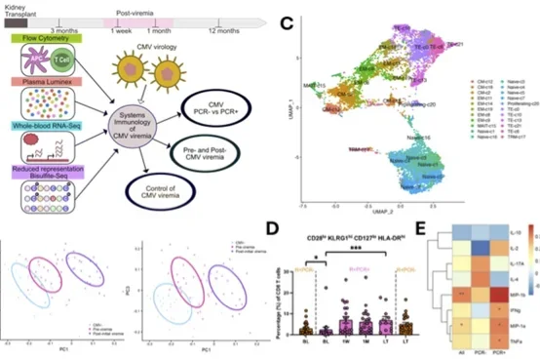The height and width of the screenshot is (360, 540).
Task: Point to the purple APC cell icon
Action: click(31, 67)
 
